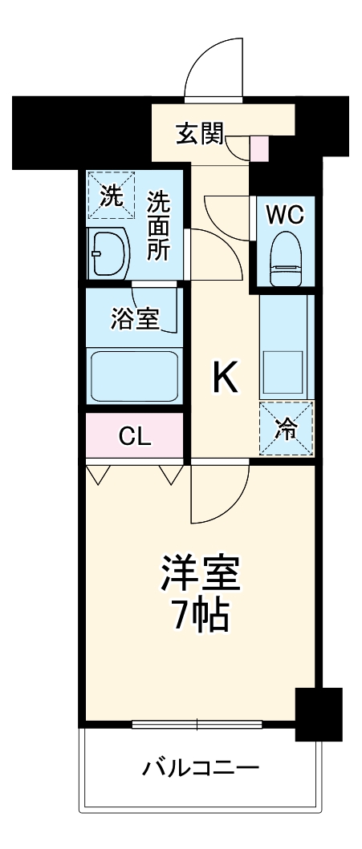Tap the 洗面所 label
tap(158, 227)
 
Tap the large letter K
tap(225, 377)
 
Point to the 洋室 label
tap(201, 576)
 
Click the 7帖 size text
tap(201, 617)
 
